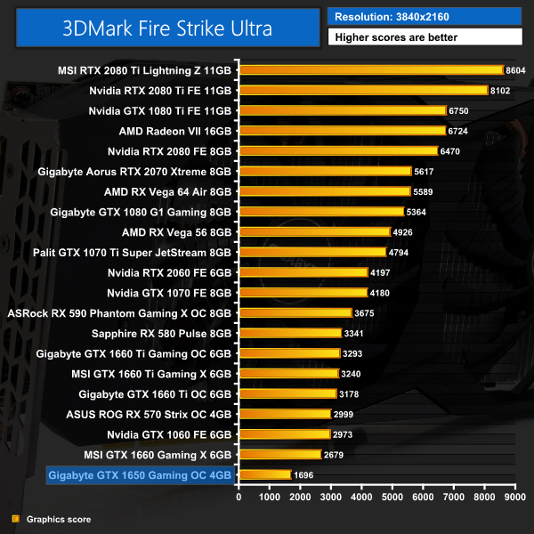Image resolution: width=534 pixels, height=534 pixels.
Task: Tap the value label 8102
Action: click(x=500, y=91)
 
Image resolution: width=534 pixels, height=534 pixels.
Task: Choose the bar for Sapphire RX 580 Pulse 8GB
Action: click(x=290, y=333)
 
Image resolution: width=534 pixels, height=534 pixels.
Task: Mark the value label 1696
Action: click(x=303, y=475)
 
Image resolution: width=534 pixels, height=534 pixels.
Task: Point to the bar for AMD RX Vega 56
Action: click(x=314, y=232)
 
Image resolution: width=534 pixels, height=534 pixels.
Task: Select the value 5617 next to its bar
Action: click(x=425, y=172)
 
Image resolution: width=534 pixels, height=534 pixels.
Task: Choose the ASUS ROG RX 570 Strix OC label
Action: click(x=149, y=414)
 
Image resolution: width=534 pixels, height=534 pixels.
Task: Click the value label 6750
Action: click(x=459, y=111)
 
